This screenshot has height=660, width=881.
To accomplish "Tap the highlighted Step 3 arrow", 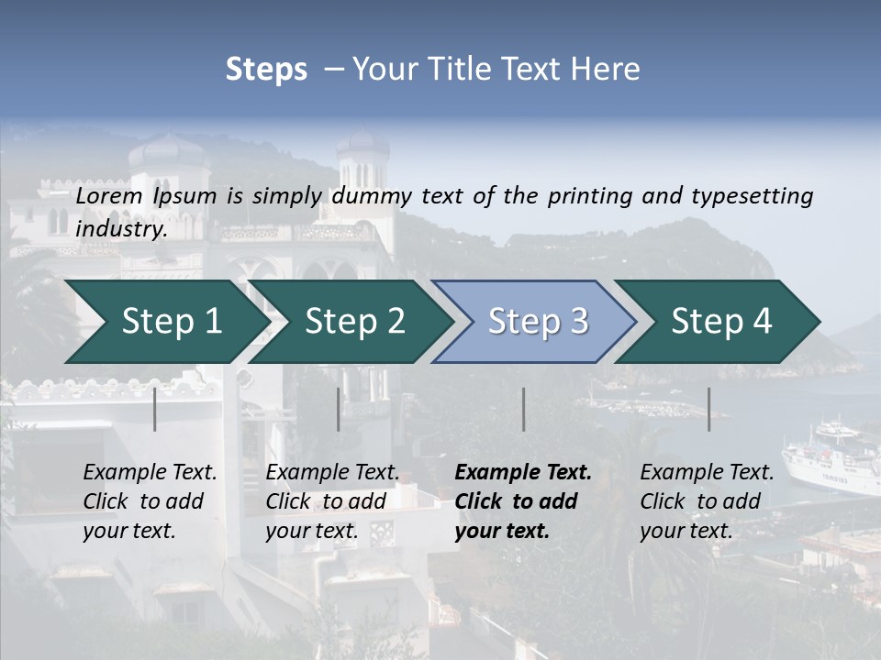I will (538, 322).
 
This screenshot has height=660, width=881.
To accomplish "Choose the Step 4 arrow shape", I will (721, 322).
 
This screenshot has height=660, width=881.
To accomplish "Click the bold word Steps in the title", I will (266, 70).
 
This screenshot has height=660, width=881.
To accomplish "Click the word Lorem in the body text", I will (109, 196).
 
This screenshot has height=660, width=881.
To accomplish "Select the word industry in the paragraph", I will (121, 229).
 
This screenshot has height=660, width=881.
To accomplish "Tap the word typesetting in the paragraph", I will (752, 196).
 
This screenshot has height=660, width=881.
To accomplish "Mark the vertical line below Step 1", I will (155, 409).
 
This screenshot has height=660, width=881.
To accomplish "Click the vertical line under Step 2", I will (339, 409).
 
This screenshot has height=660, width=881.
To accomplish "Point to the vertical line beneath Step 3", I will (523, 409).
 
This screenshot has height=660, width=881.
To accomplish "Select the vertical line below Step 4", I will (709, 409).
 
